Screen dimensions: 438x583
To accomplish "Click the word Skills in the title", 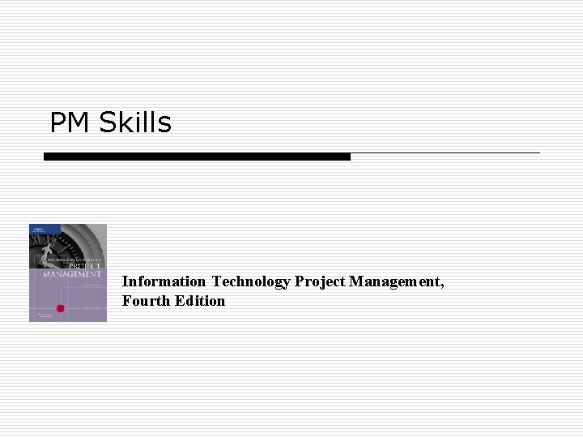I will [136, 122].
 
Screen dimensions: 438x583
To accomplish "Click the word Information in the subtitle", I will [164, 281].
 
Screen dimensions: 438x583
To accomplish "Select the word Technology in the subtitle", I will [251, 281].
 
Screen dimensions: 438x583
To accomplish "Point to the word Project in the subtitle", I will [320, 282].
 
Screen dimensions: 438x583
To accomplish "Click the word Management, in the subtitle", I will [397, 281].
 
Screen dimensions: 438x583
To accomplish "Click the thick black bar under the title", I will [197, 157].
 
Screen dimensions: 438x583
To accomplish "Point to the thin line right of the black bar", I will [445, 152].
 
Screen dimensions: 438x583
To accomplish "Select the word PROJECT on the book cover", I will [84, 267].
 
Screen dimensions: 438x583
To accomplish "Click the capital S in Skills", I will [106, 122].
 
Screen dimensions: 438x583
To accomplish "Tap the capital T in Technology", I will [216, 281].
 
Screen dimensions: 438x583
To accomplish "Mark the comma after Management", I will [441, 286].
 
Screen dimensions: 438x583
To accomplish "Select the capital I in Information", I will [125, 281].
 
